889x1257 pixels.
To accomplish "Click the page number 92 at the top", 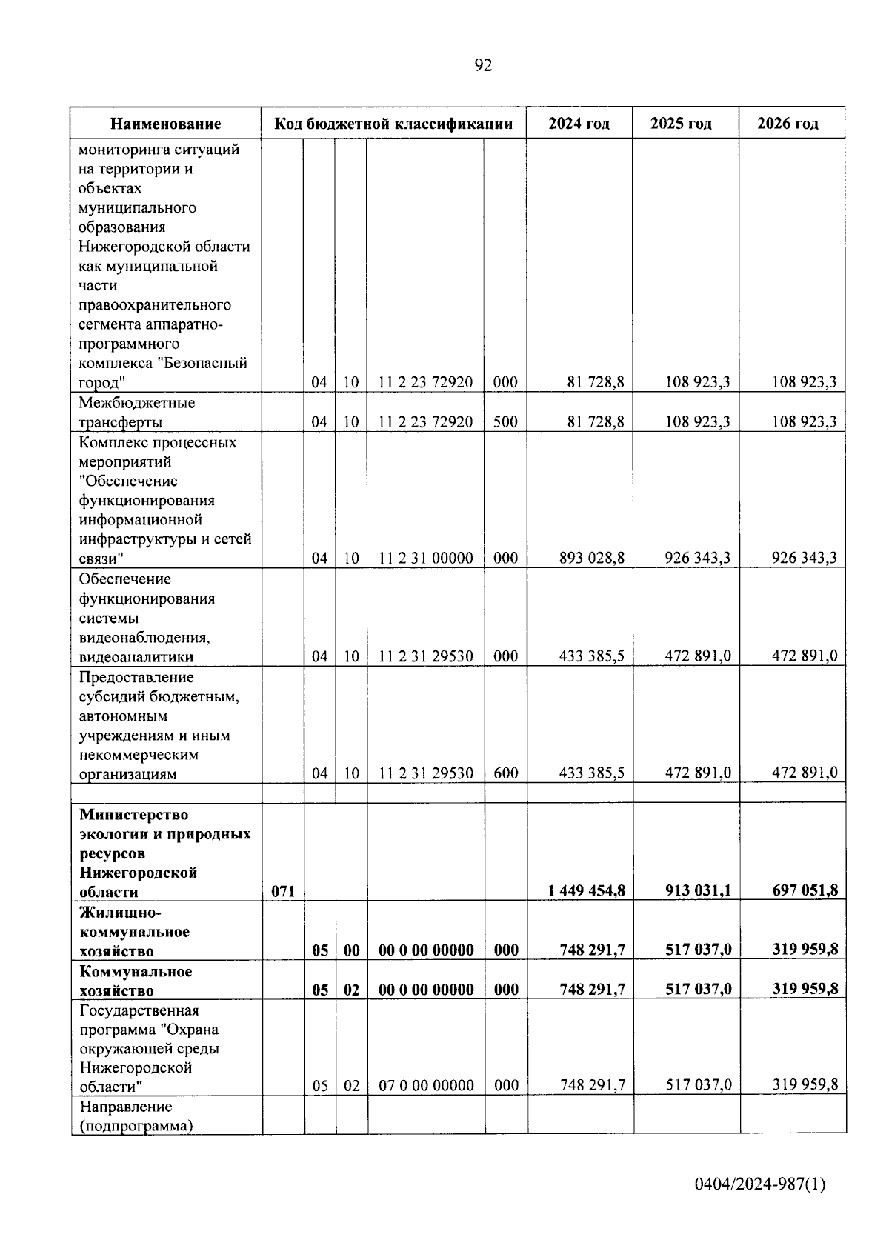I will [x=482, y=66].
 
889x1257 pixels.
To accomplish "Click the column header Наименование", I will [x=166, y=124].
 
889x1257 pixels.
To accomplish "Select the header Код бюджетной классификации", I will [x=393, y=124].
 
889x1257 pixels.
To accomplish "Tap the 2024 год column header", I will [x=579, y=124].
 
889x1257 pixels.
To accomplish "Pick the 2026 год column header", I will [x=788, y=124].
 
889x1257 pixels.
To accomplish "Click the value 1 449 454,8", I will [x=586, y=890].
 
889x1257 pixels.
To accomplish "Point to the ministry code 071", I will [x=282, y=891].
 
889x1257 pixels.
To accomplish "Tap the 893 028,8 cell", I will [x=591, y=558].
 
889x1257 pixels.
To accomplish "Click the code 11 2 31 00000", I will [x=425, y=558].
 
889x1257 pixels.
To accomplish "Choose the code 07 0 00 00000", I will [x=426, y=1085].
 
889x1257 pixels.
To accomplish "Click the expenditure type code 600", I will [x=505, y=773].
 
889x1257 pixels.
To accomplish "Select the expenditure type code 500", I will [x=505, y=422].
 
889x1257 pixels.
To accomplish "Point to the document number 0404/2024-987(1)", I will [x=759, y=1184].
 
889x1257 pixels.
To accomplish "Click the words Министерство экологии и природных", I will [x=164, y=824].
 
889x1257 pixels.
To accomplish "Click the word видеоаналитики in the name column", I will [x=136, y=657].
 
